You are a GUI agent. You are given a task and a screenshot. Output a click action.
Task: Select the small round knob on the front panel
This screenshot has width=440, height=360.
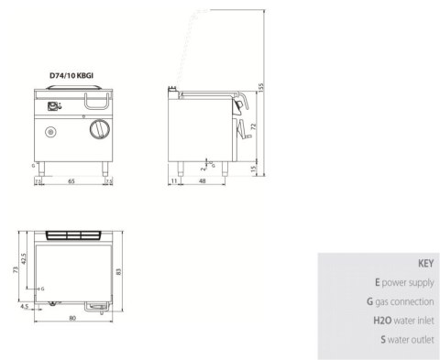point(50,134)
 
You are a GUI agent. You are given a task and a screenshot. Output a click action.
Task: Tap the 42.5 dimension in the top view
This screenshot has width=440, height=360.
point(25,259)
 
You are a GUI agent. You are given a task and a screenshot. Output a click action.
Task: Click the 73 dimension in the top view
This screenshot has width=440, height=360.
point(14,271)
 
